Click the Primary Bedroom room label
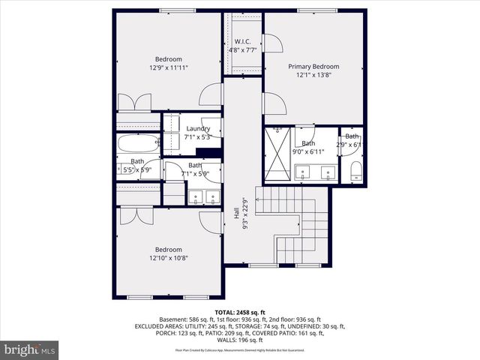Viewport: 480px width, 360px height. pyautogui.click(x=313, y=66)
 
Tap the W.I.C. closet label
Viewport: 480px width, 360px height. pyautogui.click(x=243, y=41)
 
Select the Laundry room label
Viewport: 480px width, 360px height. pyautogui.click(x=198, y=128)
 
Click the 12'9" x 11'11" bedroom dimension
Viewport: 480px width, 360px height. pyautogui.click(x=168, y=67)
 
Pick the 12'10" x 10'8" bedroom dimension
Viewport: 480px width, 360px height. pyautogui.click(x=168, y=258)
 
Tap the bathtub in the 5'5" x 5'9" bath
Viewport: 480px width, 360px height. pyautogui.click(x=139, y=142)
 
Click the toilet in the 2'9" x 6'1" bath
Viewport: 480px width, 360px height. pyautogui.click(x=356, y=171)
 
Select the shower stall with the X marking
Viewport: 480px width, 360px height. pyautogui.click(x=279, y=156)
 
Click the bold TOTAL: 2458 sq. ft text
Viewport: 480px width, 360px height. pyautogui.click(x=240, y=312)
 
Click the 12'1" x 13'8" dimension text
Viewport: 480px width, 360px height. pyautogui.click(x=313, y=75)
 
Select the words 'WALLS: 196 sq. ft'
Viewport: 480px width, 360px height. pyautogui.click(x=240, y=340)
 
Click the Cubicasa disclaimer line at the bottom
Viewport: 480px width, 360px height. pyautogui.click(x=240, y=350)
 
